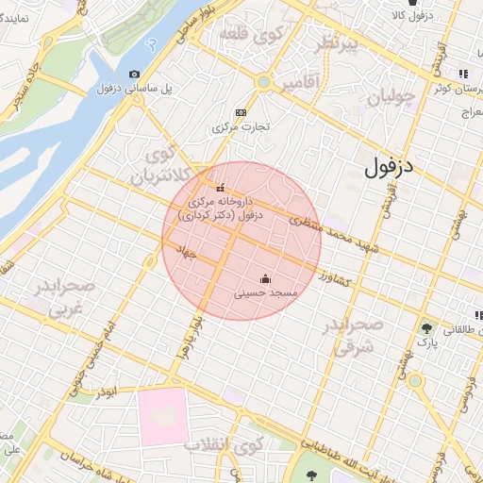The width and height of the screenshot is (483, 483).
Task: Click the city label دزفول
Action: pyautogui.click(x=395, y=169)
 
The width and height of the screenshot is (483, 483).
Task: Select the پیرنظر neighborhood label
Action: pyautogui.click(x=338, y=46)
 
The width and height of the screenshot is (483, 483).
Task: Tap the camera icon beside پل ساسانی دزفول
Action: pyautogui.click(x=135, y=74)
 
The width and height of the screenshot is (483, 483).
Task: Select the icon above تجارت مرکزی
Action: pyautogui.click(x=241, y=110)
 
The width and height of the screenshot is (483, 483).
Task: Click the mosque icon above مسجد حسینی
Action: pyautogui.click(x=265, y=278)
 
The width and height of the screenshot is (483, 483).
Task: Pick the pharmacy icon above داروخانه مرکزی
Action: pyautogui.click(x=221, y=187)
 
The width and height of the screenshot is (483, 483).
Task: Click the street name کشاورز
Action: pyautogui.click(x=335, y=280)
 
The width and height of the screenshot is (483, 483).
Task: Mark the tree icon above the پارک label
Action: pyautogui.click(x=429, y=328)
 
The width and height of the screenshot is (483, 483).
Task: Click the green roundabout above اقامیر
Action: pyautogui.click(x=263, y=83)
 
